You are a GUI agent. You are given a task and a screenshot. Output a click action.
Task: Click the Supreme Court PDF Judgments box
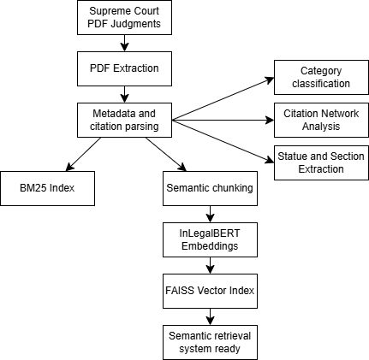coord(124,17)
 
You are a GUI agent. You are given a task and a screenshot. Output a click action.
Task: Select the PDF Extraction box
coord(124,68)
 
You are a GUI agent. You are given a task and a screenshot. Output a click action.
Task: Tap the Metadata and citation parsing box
coord(124,120)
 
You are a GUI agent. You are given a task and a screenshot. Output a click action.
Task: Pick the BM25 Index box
coord(47,188)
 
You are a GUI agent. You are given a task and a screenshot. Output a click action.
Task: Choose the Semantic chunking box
coord(210,188)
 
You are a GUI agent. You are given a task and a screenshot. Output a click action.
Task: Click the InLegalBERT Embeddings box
coord(210,239)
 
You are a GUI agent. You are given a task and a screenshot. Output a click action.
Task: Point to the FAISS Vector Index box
coord(210,291)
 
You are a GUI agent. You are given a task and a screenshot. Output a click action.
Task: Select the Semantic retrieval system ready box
coord(210,342)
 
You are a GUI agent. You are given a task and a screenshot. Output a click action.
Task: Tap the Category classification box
coord(321,77)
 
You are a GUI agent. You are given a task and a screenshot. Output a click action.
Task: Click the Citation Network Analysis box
coord(321,120)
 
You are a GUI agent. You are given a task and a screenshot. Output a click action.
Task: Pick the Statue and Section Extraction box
coord(321,162)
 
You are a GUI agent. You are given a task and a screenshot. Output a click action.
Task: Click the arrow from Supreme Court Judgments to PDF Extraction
coord(124,43)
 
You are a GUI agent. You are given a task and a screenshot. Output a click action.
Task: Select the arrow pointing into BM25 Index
coord(83,154)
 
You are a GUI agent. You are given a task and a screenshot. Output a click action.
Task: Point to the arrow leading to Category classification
coord(223,98)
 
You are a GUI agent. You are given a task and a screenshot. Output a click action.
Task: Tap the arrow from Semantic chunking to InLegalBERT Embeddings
coord(210,214)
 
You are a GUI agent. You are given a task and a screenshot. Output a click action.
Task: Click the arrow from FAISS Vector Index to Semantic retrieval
coord(210,316)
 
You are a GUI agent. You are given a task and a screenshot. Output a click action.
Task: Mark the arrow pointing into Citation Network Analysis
coord(223,120)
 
